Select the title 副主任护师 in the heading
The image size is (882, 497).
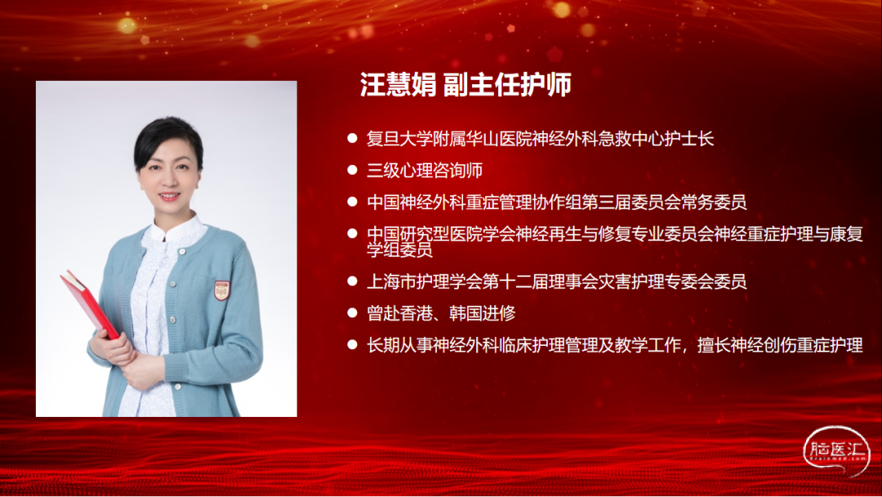[x=507, y=85]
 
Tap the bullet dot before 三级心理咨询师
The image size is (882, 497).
[x=353, y=169]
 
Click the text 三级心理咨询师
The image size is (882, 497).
[x=425, y=171]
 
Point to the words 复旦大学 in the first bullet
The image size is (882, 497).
[x=399, y=139]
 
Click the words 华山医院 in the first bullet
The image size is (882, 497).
[x=498, y=139]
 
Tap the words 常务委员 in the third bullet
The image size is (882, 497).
[x=715, y=202]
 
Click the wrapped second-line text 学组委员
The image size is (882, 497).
[x=399, y=250]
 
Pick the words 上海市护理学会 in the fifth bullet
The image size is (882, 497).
[x=424, y=281]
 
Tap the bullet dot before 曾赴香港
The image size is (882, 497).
[x=353, y=312]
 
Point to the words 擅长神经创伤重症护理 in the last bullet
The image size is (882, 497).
[x=780, y=345]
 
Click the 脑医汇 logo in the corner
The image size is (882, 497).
[x=836, y=450]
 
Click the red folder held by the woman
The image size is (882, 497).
[x=90, y=304]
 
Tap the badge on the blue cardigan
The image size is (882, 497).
[x=221, y=290]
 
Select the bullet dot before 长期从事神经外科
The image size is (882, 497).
[x=353, y=344]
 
